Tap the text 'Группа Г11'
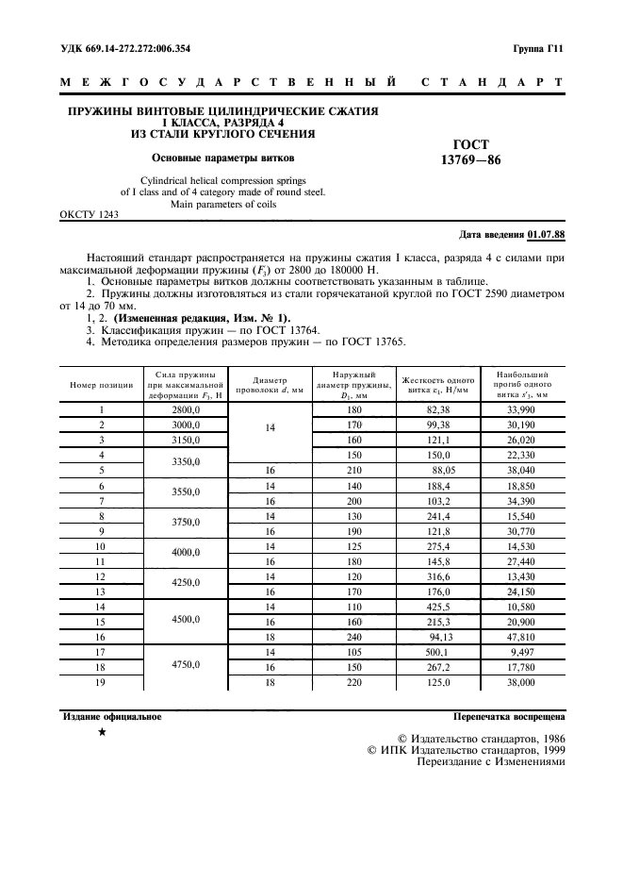pyautogui.click(x=538, y=46)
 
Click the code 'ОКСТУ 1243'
pyautogui.click(x=90, y=215)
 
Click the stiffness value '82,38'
pyautogui.click(x=439, y=411)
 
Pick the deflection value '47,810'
pyautogui.click(x=522, y=638)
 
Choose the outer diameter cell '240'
pyautogui.click(x=354, y=638)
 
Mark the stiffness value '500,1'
pyautogui.click(x=439, y=652)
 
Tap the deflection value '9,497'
pyautogui.click(x=522, y=652)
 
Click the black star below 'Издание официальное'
pyautogui.click(x=102, y=733)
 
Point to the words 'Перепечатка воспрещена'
pyautogui.click(x=509, y=717)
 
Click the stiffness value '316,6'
pyautogui.click(x=439, y=575)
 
